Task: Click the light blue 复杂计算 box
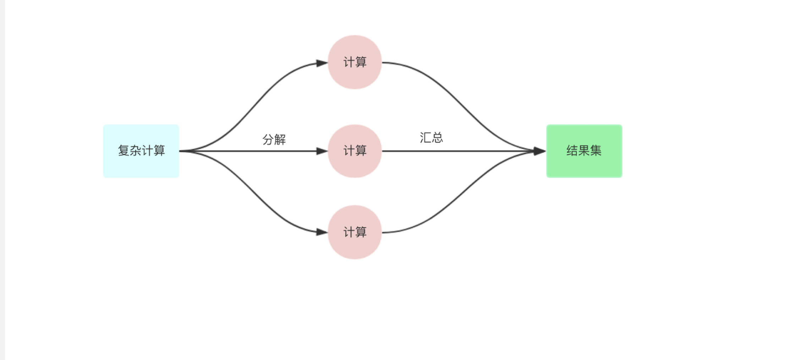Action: [141, 151]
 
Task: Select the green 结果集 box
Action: [584, 151]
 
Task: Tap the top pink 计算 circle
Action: [355, 62]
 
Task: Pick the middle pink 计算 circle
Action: [355, 151]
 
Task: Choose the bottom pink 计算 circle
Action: [355, 232]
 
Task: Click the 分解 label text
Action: [274, 140]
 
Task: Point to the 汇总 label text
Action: [431, 137]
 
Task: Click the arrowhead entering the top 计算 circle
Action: [322, 64]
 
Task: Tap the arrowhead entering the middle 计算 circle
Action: [322, 151]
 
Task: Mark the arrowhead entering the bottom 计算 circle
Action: [322, 232]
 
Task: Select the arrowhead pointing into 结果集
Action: [540, 151]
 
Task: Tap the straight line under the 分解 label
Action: [256, 151]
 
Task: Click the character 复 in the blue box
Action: [124, 151]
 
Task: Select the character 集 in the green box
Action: [596, 151]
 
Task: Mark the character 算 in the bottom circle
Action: [361, 232]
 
